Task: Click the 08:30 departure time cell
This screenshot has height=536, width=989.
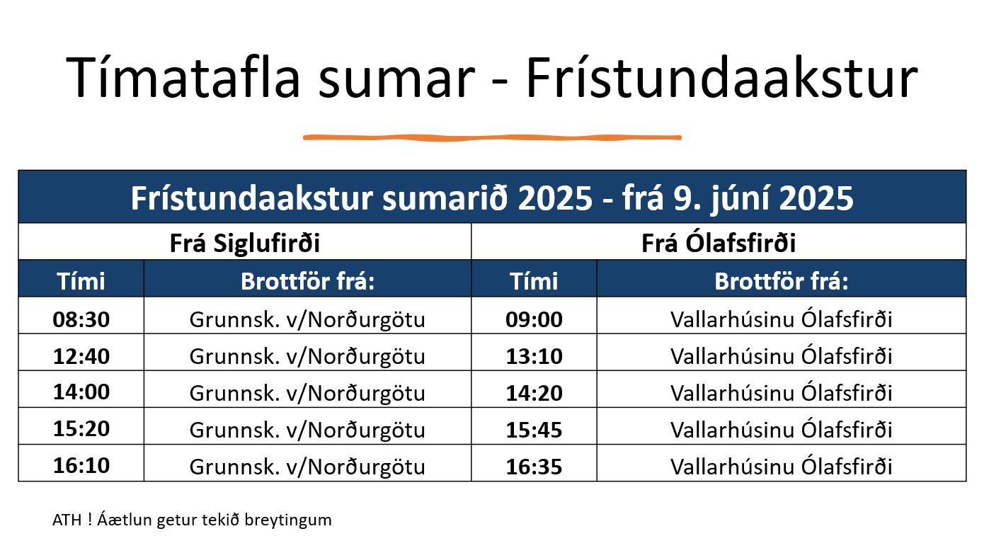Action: pyautogui.click(x=81, y=319)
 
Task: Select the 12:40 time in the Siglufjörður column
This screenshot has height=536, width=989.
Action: pyautogui.click(x=81, y=356)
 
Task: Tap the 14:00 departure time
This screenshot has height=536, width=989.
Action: pyautogui.click(x=81, y=392)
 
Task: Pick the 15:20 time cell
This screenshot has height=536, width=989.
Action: pyautogui.click(x=81, y=428)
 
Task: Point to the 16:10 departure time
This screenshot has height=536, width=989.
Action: pyautogui.click(x=81, y=465)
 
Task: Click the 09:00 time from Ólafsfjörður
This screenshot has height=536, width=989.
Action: pyautogui.click(x=534, y=319)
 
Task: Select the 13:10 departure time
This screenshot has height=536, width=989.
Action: pyautogui.click(x=534, y=356)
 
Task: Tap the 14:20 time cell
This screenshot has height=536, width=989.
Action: pyautogui.click(x=534, y=393)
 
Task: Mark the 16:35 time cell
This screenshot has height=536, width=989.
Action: pyautogui.click(x=534, y=467)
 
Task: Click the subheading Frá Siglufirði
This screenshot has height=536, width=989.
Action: pyautogui.click(x=245, y=243)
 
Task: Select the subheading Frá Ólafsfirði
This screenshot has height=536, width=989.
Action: pyautogui.click(x=719, y=242)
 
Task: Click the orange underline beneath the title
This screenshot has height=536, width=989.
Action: pyautogui.click(x=492, y=138)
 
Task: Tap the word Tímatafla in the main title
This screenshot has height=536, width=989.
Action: pyautogui.click(x=183, y=77)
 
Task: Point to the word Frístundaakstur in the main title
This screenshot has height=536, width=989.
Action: pyautogui.click(x=722, y=77)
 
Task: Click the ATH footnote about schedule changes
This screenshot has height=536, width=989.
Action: pyautogui.click(x=192, y=520)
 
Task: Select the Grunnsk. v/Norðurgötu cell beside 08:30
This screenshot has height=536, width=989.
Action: pyautogui.click(x=307, y=319)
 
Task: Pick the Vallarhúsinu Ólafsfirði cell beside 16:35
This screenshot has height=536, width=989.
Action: pyautogui.click(x=781, y=467)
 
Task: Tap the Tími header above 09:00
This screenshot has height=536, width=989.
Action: pyautogui.click(x=534, y=281)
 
